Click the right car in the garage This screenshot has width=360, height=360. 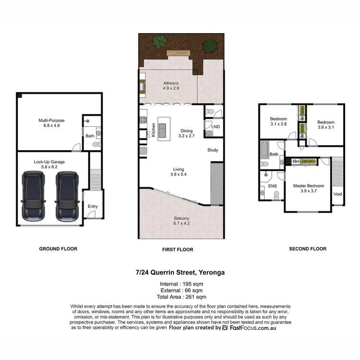click(x=67, y=197)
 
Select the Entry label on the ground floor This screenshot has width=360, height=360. click(x=93, y=206)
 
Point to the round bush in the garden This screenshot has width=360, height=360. click(x=209, y=47)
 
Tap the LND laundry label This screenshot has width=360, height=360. click(x=216, y=127)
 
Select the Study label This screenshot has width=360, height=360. click(x=213, y=150)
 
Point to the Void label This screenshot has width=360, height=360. click(x=338, y=194)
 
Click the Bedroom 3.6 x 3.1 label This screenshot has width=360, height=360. click(x=326, y=125)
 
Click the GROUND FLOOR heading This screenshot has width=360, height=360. click(x=58, y=249)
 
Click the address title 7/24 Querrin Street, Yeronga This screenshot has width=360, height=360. click(x=180, y=273)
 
